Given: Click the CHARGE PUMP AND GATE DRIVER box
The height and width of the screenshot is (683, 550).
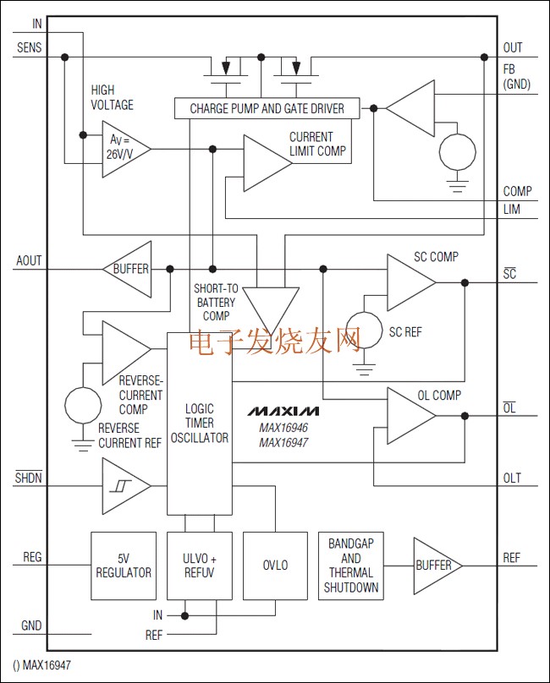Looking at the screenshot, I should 266,108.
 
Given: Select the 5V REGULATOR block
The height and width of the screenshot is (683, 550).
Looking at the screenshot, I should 124,566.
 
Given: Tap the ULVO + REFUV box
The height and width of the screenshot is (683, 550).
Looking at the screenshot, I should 199,566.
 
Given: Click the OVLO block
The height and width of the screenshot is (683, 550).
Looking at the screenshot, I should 276,566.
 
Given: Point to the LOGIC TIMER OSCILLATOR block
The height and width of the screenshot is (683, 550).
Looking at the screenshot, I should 199,423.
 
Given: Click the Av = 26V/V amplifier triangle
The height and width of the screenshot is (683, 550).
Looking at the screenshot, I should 124,149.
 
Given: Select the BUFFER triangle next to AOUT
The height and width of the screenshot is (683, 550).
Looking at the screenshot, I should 129,269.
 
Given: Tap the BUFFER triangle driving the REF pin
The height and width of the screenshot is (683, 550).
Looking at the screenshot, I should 435,566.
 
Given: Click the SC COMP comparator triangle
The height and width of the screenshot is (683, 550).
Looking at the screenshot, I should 409,283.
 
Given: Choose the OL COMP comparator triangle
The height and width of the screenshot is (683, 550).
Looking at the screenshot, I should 409,415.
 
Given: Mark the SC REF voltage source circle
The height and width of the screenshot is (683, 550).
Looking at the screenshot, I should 365,332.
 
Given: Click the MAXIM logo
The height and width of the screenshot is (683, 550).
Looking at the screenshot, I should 283,412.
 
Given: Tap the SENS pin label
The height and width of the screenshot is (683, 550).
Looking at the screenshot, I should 29,47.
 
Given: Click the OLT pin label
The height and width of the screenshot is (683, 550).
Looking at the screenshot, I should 512,478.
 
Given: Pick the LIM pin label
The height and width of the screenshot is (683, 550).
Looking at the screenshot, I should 511,209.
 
